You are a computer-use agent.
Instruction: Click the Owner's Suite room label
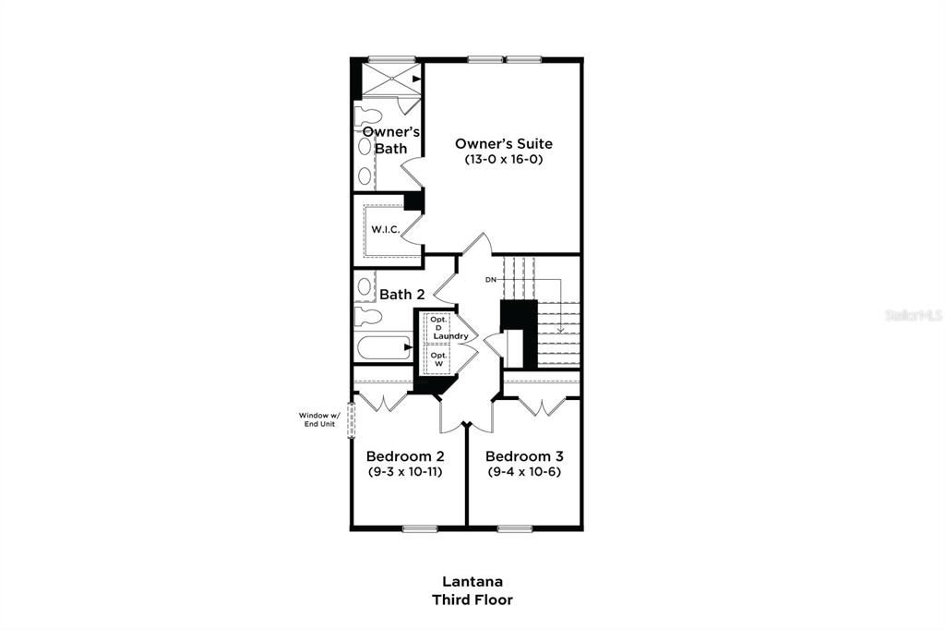(x=503, y=143)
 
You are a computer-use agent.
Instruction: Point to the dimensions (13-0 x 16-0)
(x=503, y=160)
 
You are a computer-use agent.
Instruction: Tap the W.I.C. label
(x=386, y=229)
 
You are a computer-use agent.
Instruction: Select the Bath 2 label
(x=401, y=295)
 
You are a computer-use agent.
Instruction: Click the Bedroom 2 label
(x=405, y=456)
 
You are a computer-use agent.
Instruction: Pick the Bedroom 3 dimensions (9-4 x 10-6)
(x=524, y=472)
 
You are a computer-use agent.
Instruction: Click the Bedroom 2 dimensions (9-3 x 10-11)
(x=405, y=472)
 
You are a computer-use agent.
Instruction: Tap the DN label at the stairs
(x=491, y=279)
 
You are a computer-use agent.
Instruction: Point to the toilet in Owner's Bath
(x=369, y=117)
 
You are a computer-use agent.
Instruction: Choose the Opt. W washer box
(x=438, y=358)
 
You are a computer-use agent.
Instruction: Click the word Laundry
(x=450, y=336)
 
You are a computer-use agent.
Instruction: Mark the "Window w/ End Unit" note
(x=319, y=419)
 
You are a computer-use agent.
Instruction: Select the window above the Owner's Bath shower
(x=389, y=61)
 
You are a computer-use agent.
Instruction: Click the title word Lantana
(x=472, y=581)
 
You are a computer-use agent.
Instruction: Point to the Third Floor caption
(x=472, y=600)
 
